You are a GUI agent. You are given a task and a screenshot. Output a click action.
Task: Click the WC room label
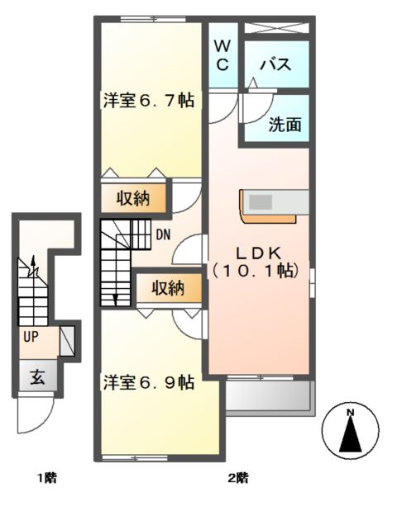click(x=223, y=54)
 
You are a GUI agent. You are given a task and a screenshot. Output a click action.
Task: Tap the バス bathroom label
click(x=274, y=65)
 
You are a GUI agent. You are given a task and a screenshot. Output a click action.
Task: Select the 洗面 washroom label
click(x=284, y=125)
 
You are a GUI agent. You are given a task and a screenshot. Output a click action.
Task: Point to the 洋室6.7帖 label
click(x=149, y=101)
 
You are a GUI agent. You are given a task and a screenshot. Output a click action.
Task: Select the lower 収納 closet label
click(x=168, y=288)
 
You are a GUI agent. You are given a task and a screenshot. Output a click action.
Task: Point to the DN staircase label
click(x=163, y=234)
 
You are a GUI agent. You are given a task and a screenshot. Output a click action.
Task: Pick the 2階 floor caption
click(x=237, y=477)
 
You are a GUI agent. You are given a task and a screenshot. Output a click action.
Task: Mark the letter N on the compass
click(x=350, y=413)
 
